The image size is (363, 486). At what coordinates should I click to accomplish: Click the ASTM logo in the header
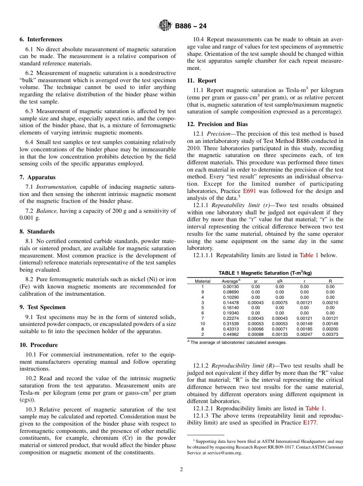(165, 26)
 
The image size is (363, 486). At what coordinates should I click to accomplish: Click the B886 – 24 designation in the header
(191, 26)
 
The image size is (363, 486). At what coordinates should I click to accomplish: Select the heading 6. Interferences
(41, 39)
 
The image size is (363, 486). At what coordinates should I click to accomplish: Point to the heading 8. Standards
(37, 232)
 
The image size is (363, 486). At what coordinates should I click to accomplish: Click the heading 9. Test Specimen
(42, 307)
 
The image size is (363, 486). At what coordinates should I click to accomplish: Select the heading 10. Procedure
(39, 345)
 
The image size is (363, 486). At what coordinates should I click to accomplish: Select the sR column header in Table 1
(280, 281)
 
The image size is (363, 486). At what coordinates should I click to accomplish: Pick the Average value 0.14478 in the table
(231, 303)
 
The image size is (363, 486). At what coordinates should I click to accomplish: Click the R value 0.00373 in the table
(330, 335)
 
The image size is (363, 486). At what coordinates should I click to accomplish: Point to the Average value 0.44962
(231, 335)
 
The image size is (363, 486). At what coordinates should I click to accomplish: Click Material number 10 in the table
(203, 324)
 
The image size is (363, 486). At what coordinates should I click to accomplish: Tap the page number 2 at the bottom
(181, 470)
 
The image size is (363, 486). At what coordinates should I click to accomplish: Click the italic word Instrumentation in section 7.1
(57, 187)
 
